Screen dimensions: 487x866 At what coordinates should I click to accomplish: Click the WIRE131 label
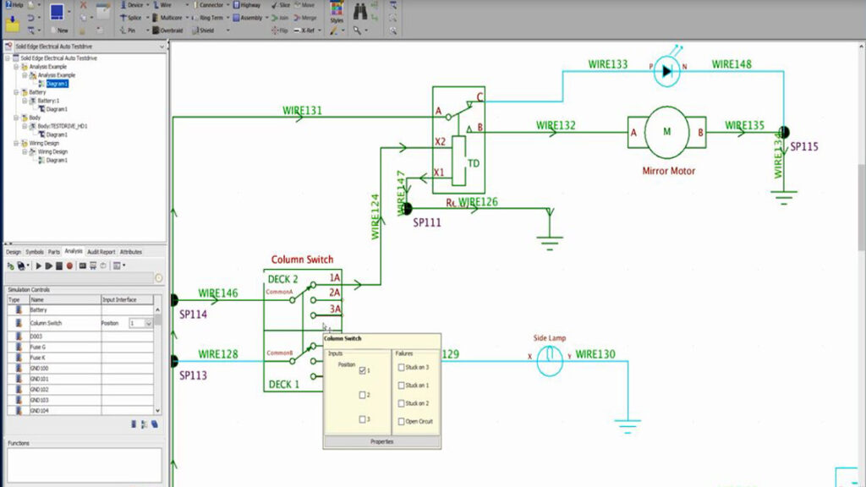(302, 111)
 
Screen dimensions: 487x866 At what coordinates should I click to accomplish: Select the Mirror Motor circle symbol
(667, 131)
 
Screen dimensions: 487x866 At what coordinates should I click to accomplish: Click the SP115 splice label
(804, 146)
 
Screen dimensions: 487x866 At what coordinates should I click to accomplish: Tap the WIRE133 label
(608, 64)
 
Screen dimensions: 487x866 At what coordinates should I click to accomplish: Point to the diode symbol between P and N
(667, 72)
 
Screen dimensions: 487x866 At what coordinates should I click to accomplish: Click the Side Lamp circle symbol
(550, 358)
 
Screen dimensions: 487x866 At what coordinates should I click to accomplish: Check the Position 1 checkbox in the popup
(363, 371)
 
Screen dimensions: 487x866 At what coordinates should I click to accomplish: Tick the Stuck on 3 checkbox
(401, 367)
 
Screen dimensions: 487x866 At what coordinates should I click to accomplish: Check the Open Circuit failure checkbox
(401, 421)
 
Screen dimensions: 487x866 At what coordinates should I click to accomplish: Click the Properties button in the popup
(381, 441)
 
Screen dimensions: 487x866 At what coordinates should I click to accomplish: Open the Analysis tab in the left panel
(74, 251)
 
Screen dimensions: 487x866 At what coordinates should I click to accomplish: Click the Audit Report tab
(101, 251)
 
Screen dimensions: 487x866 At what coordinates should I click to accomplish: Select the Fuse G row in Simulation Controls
(38, 347)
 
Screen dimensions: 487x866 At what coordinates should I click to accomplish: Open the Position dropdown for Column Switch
(149, 323)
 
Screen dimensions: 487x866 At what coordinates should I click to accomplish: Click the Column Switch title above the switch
(302, 260)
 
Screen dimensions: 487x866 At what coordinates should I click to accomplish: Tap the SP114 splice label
(193, 314)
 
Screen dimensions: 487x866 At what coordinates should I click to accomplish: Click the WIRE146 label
(218, 293)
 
